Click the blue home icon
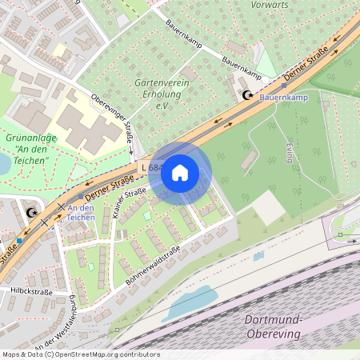click(180, 172)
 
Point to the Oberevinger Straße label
click(113, 121)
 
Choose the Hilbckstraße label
click(31, 292)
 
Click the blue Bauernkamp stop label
click(283, 97)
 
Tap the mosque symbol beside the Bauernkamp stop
click(248, 96)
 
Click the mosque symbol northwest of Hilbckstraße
click(32, 213)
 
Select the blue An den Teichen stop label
click(81, 212)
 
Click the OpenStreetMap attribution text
click(80, 354)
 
